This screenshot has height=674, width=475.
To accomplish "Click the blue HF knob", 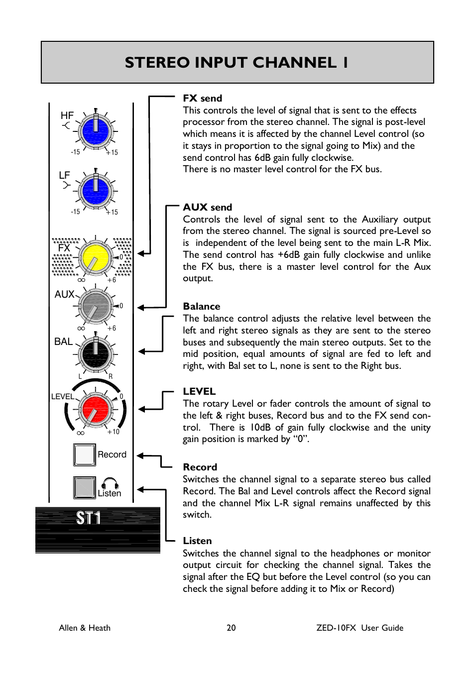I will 95,131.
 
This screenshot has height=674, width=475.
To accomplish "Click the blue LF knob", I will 95,191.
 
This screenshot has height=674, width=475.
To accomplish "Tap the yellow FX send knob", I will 95,258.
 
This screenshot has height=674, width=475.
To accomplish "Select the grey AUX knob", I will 95,306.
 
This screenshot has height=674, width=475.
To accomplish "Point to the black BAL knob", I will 95,354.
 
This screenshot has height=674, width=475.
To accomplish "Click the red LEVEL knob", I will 95,410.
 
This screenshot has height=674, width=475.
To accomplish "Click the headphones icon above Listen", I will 110,483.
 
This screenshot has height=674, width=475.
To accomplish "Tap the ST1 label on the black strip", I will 89,518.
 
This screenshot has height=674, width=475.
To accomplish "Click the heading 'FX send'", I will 202,98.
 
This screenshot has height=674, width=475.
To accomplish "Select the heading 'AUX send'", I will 207,207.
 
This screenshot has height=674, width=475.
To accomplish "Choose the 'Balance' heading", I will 201,306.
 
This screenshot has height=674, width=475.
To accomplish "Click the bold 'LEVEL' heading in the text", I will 199,391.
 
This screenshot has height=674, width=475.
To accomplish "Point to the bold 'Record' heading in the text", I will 200,467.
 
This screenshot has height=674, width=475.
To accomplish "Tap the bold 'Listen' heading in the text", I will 197,541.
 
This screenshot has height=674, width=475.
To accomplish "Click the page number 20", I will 231,628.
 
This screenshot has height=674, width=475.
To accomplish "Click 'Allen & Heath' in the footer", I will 85,628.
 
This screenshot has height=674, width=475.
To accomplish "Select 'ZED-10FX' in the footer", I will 336,628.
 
